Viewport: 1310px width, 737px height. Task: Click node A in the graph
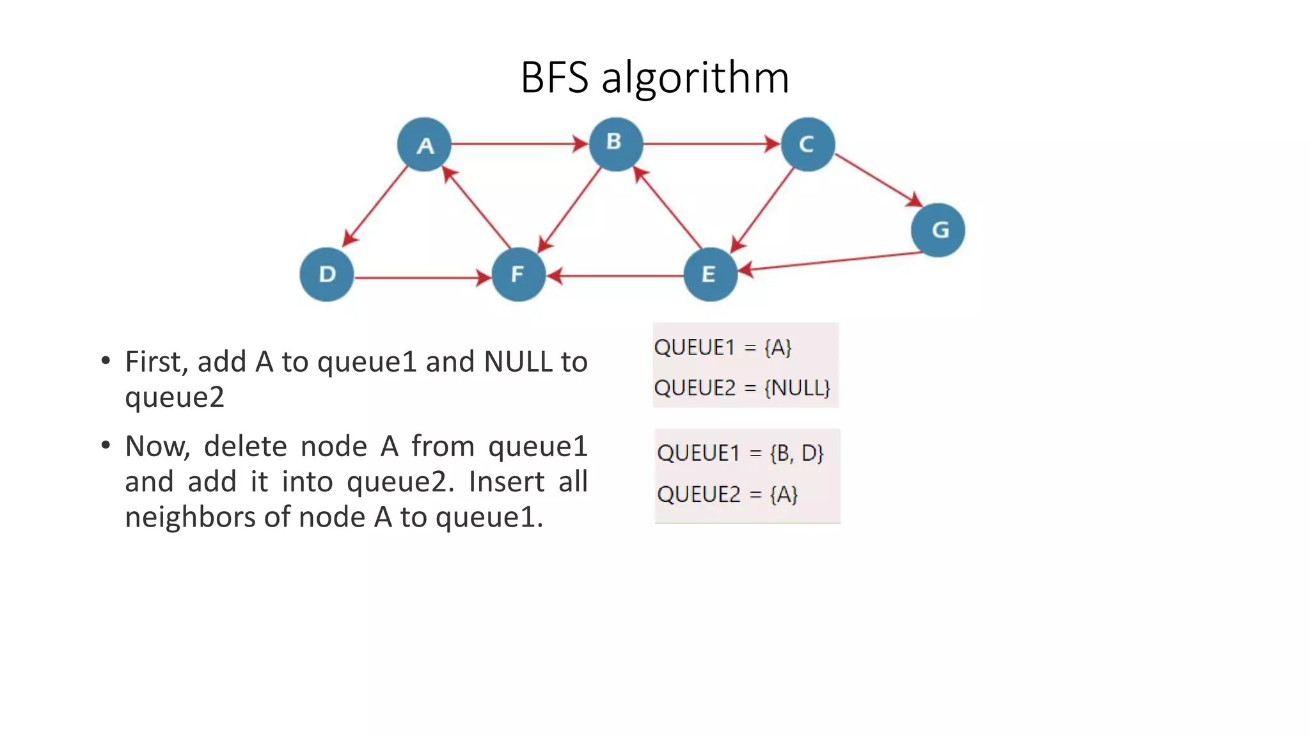tap(424, 145)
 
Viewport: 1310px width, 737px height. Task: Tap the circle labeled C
tap(807, 145)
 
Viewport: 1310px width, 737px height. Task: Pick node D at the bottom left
tap(327, 274)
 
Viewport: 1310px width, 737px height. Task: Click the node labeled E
tap(710, 274)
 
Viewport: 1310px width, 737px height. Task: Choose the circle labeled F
tap(518, 274)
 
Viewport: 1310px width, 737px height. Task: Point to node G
tap(938, 230)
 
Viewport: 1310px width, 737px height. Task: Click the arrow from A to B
tap(518, 144)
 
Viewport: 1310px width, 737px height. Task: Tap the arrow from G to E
tap(832, 262)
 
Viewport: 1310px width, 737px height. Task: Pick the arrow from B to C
tap(710, 144)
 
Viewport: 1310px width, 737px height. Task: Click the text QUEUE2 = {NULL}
tap(742, 388)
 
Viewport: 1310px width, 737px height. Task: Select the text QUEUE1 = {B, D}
tap(740, 453)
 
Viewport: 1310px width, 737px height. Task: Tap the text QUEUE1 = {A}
tap(723, 347)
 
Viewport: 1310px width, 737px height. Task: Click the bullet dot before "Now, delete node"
tap(106, 445)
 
